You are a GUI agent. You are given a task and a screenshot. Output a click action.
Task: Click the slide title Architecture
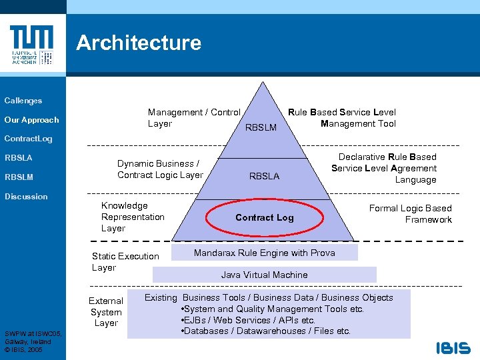click(x=139, y=43)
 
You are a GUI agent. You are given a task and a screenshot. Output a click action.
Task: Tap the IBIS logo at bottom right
click(x=453, y=347)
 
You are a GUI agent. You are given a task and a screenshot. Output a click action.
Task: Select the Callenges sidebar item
click(x=23, y=101)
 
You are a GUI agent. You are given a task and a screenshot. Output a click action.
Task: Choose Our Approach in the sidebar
click(x=31, y=120)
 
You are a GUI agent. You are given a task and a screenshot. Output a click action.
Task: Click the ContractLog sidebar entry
click(x=28, y=139)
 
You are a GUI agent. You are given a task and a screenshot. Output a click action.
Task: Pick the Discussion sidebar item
click(x=26, y=197)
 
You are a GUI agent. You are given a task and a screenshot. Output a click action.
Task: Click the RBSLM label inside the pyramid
click(x=261, y=127)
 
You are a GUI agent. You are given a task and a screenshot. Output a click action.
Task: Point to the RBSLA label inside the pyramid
click(x=264, y=177)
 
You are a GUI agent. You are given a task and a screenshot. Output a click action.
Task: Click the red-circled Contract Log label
click(x=264, y=217)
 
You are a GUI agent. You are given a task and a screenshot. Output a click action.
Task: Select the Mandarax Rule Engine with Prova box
click(x=265, y=253)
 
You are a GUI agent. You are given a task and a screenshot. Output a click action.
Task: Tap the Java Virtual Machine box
click(x=265, y=275)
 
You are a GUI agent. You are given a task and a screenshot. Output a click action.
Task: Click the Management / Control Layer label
click(x=194, y=118)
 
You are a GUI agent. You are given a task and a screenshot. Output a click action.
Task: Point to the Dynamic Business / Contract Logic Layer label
click(x=160, y=169)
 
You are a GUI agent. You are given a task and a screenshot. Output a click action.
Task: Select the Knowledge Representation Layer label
click(x=133, y=217)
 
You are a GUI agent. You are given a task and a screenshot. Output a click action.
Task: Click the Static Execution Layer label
click(x=125, y=261)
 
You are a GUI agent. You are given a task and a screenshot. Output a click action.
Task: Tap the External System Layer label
click(x=106, y=312)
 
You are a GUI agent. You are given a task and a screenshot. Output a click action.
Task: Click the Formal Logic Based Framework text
click(x=411, y=214)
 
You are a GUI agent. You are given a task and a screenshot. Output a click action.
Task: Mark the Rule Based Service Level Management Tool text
click(x=342, y=118)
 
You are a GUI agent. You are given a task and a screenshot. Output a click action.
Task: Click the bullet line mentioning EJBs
click(x=248, y=320)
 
